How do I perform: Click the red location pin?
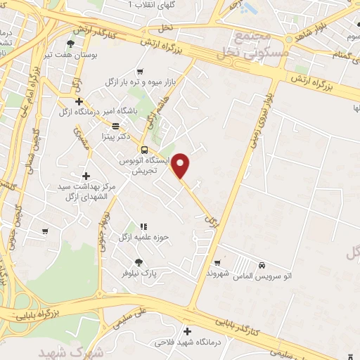(x=181, y=165)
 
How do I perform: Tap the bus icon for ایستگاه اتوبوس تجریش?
(x=144, y=150)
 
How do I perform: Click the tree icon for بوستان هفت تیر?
(x=69, y=44)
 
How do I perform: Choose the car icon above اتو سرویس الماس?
(x=262, y=265)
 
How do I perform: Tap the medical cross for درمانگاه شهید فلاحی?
(x=187, y=331)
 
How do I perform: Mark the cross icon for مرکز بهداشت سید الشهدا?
(x=86, y=176)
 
